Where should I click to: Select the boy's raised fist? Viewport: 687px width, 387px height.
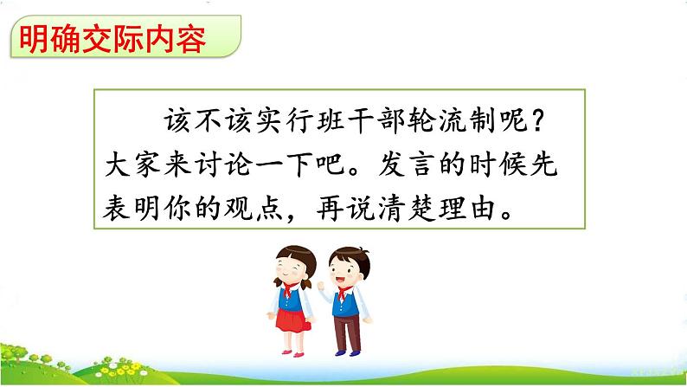(x=323, y=287)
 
